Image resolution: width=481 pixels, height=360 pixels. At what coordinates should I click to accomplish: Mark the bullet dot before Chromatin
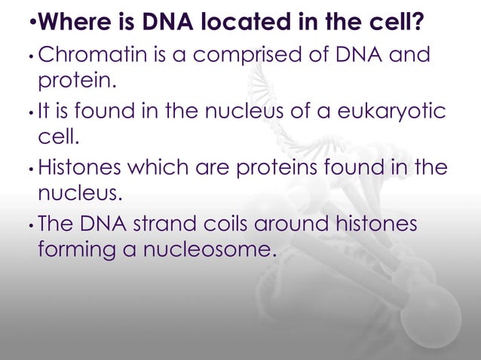pyautogui.click(x=29, y=56)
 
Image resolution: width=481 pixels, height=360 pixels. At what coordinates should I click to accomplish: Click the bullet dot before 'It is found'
pyautogui.click(x=29, y=113)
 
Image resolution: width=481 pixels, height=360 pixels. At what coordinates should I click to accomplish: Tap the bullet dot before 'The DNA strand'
pyautogui.click(x=29, y=226)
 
